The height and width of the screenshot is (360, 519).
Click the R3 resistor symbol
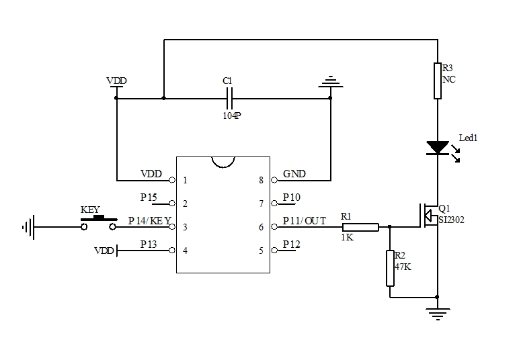(438, 81)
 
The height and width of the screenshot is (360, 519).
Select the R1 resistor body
(360, 227)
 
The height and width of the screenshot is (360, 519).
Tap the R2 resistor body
(389, 268)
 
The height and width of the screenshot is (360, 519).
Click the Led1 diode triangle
(438, 147)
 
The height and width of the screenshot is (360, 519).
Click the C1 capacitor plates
(229, 99)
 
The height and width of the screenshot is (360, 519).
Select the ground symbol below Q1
(438, 310)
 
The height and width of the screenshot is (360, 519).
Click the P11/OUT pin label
(304, 221)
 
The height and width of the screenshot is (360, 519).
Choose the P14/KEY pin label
(149, 221)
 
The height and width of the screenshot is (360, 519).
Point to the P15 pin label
(149, 197)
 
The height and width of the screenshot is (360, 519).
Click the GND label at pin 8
(294, 174)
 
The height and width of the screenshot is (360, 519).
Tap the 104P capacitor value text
(232, 115)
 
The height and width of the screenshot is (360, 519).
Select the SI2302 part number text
(452, 220)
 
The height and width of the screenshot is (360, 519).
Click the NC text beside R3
(449, 79)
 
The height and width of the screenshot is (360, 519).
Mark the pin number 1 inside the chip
(185, 180)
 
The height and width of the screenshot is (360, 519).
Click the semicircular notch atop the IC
(223, 162)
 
